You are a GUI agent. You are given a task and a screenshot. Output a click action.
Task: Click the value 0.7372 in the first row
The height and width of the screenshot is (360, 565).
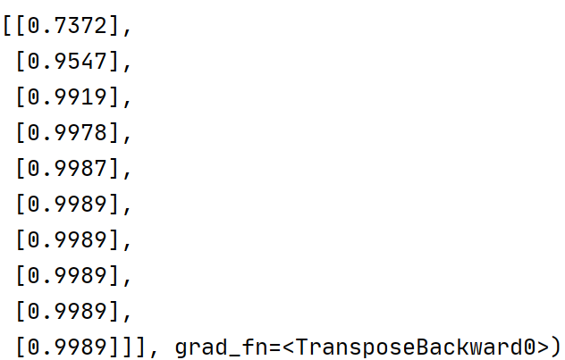pyautogui.click(x=67, y=26)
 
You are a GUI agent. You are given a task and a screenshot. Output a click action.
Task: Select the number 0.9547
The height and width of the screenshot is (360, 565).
pyautogui.click(x=67, y=62)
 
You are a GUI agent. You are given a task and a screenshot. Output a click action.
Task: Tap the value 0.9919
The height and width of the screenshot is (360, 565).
pyautogui.click(x=67, y=97)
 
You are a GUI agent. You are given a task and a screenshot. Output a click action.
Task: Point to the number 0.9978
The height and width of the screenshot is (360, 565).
pyautogui.click(x=67, y=133)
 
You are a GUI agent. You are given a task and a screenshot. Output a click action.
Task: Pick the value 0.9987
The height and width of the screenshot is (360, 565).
pyautogui.click(x=67, y=169)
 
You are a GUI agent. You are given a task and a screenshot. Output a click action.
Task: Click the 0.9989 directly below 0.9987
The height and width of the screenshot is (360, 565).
pyautogui.click(x=67, y=205)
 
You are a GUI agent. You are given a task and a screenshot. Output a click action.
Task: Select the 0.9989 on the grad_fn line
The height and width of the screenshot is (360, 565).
pyautogui.click(x=67, y=347)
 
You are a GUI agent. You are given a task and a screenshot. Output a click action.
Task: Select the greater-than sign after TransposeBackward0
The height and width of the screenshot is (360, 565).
pyautogui.click(x=543, y=347)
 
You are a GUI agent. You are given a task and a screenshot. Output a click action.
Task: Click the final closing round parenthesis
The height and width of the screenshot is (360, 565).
pyautogui.click(x=557, y=347)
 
